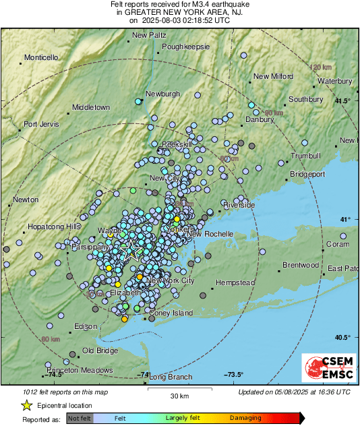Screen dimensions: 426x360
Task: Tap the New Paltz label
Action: point(148,35)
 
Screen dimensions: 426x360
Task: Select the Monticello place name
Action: point(42,57)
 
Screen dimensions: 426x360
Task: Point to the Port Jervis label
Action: point(42,124)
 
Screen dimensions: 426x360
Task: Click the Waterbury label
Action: point(335,81)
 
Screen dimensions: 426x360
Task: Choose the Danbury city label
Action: point(260,119)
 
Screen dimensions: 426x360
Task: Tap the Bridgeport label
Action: point(307,174)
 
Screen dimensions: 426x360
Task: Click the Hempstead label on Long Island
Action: point(235,282)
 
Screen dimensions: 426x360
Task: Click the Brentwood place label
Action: point(300,265)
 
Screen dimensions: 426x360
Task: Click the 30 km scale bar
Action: point(179,389)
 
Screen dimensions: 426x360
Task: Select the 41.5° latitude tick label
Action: point(344,101)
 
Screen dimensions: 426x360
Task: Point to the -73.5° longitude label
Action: point(233,375)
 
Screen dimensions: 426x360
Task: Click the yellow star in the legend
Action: point(26,405)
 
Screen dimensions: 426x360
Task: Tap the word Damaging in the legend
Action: point(245,418)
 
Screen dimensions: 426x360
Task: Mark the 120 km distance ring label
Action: point(322,67)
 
